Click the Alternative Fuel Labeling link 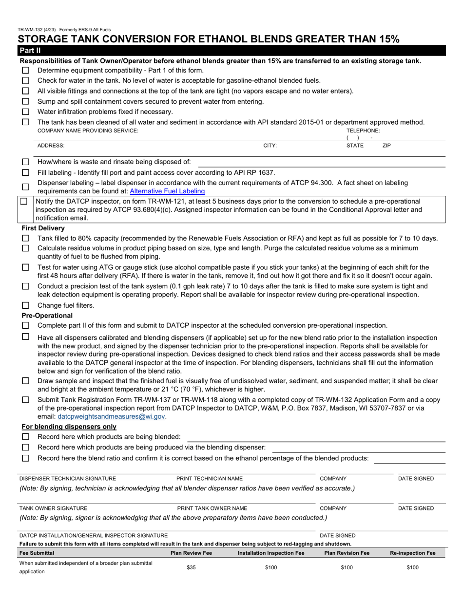click(167, 191)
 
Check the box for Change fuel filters click(25, 305)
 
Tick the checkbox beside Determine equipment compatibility click(25, 70)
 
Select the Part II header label click(30, 50)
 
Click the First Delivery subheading click(43, 228)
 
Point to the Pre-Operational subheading click(47, 316)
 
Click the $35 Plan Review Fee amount click(191, 567)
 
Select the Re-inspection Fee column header click(412, 553)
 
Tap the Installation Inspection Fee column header click(271, 553)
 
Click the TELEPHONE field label click(363, 131)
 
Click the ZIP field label click(386, 146)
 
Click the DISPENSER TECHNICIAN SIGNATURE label click(68, 479)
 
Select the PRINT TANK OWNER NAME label click(212, 508)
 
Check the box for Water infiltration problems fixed click(25, 112)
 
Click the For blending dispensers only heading click(69, 427)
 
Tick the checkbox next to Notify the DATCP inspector click(24, 202)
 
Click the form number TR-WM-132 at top click(33, 30)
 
